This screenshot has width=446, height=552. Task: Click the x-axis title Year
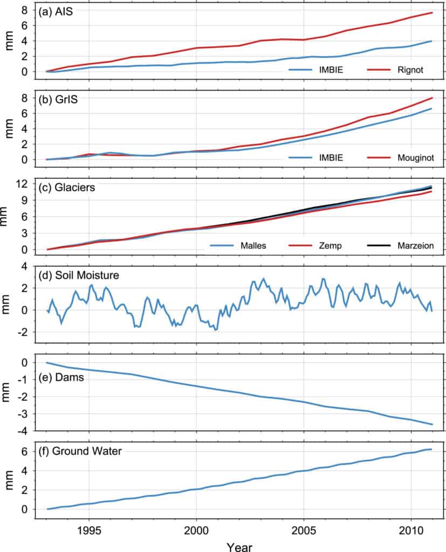click(x=238, y=546)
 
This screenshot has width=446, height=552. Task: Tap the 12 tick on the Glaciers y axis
click(x=22, y=184)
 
